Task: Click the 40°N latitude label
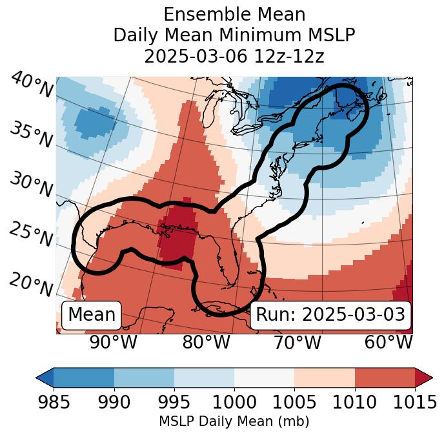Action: coord(32,85)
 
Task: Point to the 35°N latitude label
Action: coord(31,135)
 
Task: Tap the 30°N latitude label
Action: coord(31,185)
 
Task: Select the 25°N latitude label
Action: coord(31,234)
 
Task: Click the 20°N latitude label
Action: coord(31,284)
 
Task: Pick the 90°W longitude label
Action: coord(114,343)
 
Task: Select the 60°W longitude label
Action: coord(388,343)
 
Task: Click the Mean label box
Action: coord(92,315)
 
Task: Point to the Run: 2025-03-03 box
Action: coord(330,315)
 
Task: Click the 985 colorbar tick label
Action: coord(54,402)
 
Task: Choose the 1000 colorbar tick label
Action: coord(234,402)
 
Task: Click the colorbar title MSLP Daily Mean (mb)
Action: coord(234,421)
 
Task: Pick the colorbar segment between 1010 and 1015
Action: coord(385,377)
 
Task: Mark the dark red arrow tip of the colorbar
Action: coord(424,377)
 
